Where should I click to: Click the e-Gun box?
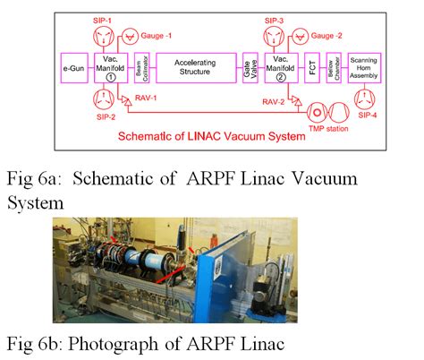coord(73,67)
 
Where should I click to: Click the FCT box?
coord(311,67)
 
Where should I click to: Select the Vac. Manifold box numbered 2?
coord(278,67)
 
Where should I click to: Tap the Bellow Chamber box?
coord(332,67)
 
